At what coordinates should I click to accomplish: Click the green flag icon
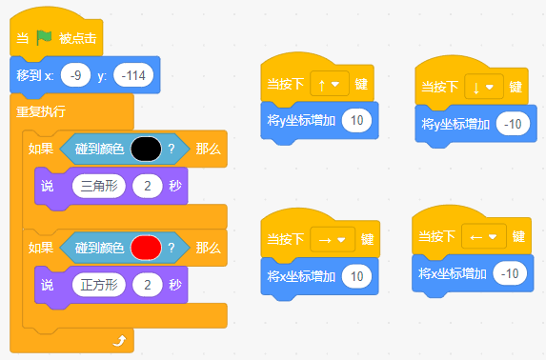[x=44, y=37]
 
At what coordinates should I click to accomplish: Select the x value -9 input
[x=75, y=75]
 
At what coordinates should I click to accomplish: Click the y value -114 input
[x=133, y=75]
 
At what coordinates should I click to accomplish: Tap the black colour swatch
[x=146, y=149]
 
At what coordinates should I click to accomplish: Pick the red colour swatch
[x=146, y=248]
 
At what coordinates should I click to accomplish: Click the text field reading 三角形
[x=99, y=186]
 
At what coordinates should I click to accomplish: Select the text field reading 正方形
[x=99, y=285]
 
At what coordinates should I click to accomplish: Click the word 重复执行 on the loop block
[x=41, y=111]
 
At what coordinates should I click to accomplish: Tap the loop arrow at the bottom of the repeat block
[x=119, y=341]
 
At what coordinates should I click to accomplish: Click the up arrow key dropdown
[x=330, y=84]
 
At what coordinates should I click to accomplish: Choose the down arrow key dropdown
[x=484, y=87]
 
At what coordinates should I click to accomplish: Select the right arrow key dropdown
[x=333, y=240]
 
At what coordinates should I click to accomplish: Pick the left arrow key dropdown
[x=484, y=237]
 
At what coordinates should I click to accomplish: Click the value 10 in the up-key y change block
[x=357, y=120]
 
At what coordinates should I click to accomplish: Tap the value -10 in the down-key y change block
[x=513, y=124]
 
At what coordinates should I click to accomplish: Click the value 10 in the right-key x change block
[x=357, y=276]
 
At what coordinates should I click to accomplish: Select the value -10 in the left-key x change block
[x=510, y=273]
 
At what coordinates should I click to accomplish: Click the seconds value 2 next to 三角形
[x=148, y=186]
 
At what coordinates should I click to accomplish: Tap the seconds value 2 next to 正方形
[x=148, y=285]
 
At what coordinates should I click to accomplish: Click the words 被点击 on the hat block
[x=77, y=38]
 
